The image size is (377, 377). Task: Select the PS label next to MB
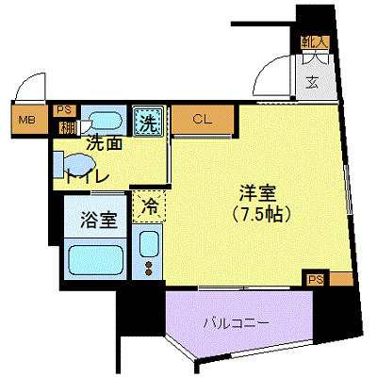(x=64, y=109)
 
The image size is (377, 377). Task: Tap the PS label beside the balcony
(x=315, y=279)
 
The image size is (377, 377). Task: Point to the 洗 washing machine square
(x=148, y=122)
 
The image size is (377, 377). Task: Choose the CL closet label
(x=203, y=120)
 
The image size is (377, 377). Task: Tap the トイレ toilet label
(x=87, y=175)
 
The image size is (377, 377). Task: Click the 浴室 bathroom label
(x=98, y=222)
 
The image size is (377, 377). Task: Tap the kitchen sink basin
(x=149, y=243)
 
